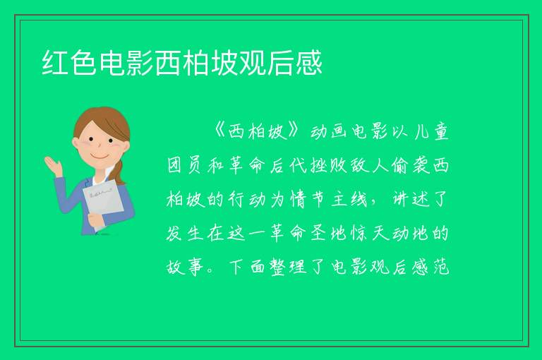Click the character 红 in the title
click(56, 63)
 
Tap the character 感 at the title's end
click(309, 63)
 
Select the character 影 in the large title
click(140, 63)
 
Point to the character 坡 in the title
click(224, 63)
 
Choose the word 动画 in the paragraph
click(331, 131)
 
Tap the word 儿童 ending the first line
click(432, 131)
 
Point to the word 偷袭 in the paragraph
click(410, 165)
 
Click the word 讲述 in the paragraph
click(410, 199)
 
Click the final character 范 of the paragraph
click(440, 267)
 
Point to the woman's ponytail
click(120, 172)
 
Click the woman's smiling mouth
click(100, 157)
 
